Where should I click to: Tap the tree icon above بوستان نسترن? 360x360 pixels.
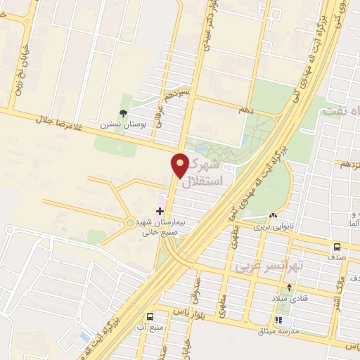[124, 112]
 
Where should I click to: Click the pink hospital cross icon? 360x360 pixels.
[159, 210]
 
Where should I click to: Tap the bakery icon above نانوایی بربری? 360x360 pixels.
[273, 216]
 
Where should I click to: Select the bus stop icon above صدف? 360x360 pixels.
[337, 247]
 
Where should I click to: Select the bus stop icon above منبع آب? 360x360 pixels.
[150, 316]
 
